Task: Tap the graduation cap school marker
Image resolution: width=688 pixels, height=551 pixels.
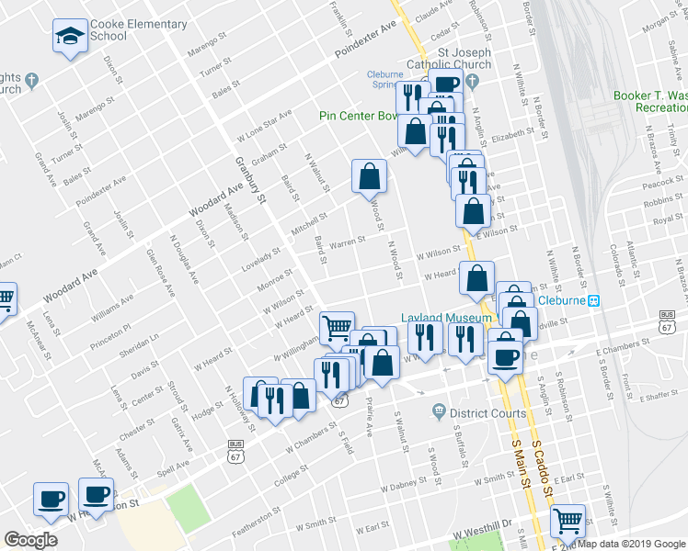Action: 67,37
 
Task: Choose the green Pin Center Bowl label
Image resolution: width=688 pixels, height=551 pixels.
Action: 359,116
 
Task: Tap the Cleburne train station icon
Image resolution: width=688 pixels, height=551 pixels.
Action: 595,300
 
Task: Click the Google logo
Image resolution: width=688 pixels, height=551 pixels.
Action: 30,540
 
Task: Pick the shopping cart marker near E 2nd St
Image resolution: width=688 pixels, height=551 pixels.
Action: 568,521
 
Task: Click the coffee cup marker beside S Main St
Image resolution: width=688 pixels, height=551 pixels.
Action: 504,353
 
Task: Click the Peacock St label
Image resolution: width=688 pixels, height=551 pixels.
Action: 660,184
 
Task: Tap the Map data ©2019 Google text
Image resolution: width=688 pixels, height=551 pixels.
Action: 631,544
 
